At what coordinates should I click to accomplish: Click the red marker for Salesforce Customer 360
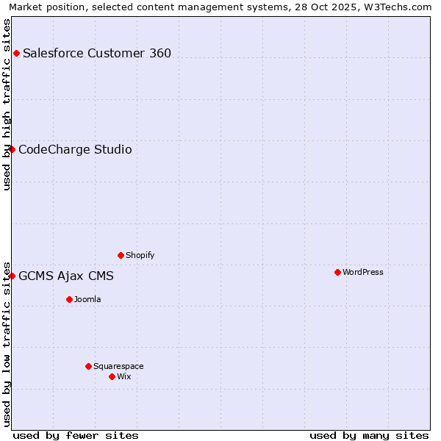pos(16,53)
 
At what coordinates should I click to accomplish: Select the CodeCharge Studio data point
pos(12,149)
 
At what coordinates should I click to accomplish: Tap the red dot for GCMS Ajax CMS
pos(12,276)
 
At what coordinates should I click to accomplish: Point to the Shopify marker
pos(121,255)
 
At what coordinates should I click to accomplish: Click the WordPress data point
pos(337,272)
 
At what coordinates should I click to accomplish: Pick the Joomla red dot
pos(69,299)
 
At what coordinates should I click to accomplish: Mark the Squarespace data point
pos(88,366)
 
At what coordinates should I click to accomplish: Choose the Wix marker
pos(112,376)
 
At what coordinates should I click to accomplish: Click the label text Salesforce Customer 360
pos(97,53)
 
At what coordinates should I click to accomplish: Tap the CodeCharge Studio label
pos(75,150)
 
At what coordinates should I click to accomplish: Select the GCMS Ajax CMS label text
pos(66,276)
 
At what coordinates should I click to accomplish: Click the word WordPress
pos(363,272)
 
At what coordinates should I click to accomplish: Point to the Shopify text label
pos(140,255)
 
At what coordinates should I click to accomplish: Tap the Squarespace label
pos(118,366)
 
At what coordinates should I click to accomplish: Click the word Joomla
pos(87,299)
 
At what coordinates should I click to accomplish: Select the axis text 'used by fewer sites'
pos(76,435)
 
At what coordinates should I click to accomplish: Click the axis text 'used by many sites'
pos(369,435)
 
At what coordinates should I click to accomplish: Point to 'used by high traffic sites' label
pos(7,104)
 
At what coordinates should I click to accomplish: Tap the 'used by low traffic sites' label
pos(7,343)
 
